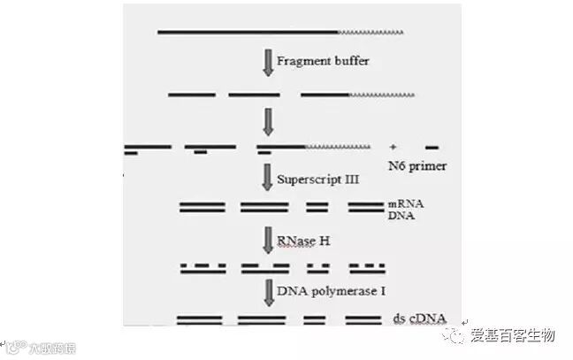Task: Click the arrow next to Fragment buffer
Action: point(268,62)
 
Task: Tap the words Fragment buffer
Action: point(323,62)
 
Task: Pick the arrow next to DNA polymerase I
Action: point(268,292)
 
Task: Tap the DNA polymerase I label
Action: point(331,290)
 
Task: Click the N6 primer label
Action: point(417,165)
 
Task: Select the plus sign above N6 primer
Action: point(392,146)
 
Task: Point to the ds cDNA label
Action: point(418,318)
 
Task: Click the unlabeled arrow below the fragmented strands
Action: point(268,120)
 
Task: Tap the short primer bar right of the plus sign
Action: point(432,147)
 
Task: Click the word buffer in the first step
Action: point(350,62)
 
